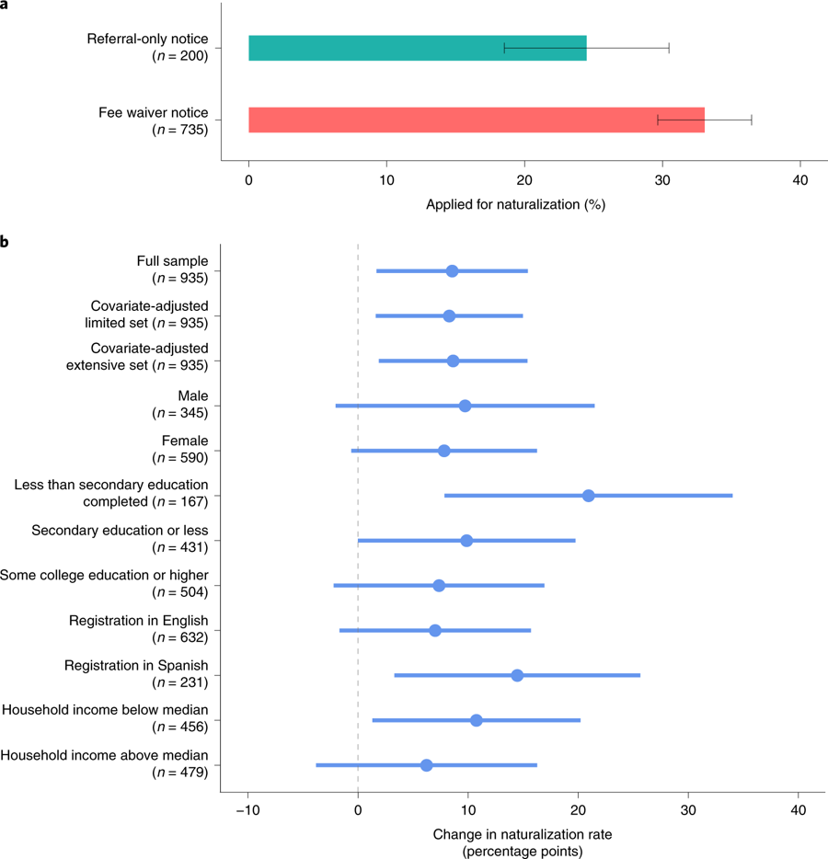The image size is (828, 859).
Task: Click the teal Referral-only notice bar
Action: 417,48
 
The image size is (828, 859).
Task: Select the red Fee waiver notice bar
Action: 476,120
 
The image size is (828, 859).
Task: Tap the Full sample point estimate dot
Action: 452,271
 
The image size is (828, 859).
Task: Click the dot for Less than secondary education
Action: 589,496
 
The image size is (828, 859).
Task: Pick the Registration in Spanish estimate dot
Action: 517,675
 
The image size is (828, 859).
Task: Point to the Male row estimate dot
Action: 465,406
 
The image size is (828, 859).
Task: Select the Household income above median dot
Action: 426,765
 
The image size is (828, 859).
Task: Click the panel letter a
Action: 5,6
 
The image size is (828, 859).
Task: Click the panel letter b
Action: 5,243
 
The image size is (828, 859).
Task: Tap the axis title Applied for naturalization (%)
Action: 515,204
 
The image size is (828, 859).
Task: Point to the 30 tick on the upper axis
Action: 662,180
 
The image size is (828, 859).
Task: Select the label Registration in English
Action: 139,621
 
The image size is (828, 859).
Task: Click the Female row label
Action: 185,441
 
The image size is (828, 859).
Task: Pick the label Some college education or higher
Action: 105,576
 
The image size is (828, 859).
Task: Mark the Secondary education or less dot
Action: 466,541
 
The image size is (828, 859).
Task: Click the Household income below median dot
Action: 476,720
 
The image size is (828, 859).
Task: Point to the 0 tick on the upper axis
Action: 248,180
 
